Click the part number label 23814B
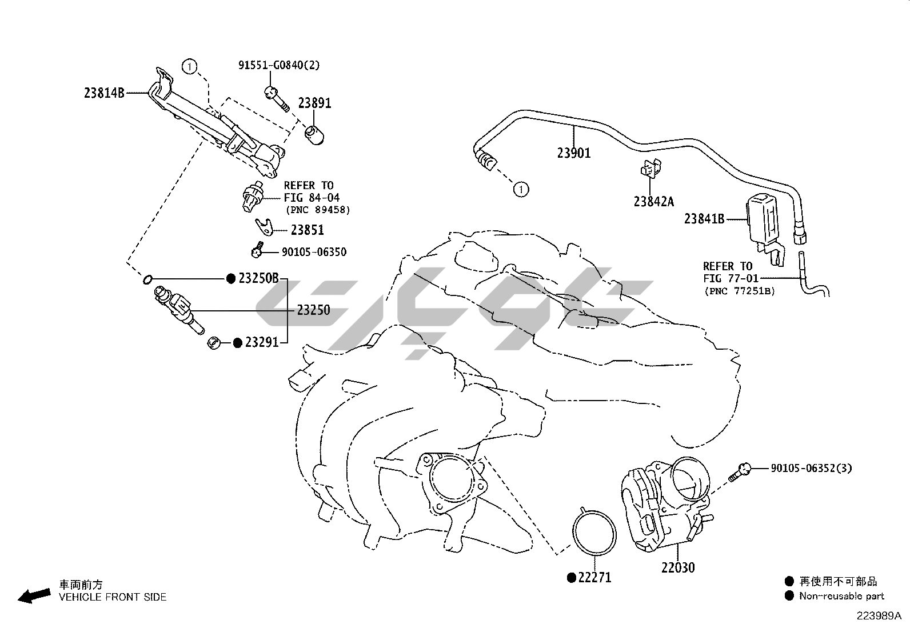104,93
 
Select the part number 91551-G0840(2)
279,65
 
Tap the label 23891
314,103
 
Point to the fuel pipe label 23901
574,153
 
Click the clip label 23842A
653,202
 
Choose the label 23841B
704,219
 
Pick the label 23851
308,230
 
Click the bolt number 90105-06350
314,252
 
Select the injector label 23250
313,310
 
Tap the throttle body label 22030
678,568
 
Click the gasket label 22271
594,578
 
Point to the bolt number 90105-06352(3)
811,469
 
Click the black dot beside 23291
238,343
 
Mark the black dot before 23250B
231,279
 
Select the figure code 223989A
878,616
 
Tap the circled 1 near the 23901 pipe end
521,189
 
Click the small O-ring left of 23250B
147,279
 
